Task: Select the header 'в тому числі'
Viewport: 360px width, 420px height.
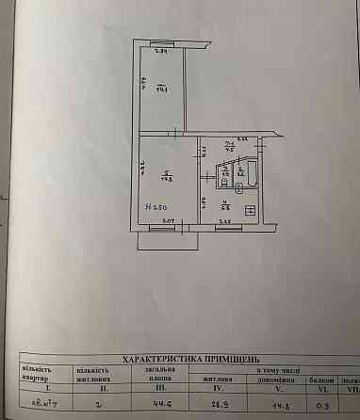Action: (284, 369)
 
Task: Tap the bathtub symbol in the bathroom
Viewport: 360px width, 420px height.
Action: (225, 174)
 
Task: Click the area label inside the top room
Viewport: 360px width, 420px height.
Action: (163, 91)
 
